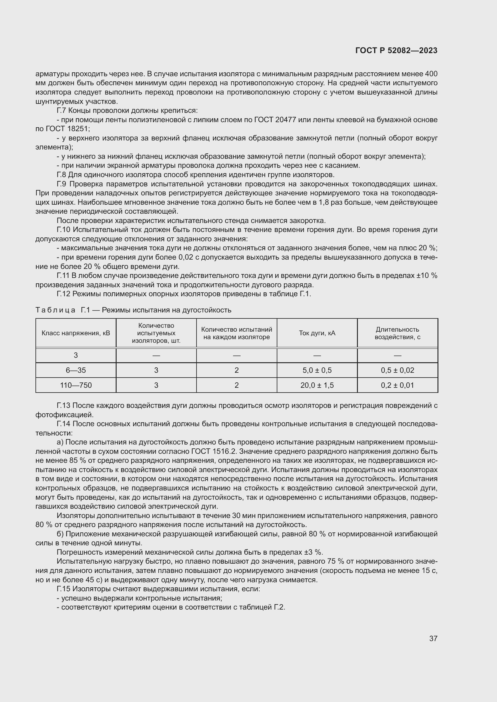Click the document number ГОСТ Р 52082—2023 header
tap(396, 50)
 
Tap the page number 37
tap(433, 638)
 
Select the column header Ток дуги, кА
tap(317, 333)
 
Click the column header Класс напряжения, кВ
tap(76, 333)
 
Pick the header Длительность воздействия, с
tap(397, 333)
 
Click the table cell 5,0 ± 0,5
tap(317, 370)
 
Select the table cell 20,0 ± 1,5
tap(317, 385)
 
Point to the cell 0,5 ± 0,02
tap(397, 370)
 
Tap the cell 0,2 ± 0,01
tap(397, 385)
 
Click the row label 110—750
tap(76, 385)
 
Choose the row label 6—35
tap(76, 370)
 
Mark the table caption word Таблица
tap(55, 310)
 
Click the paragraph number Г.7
tap(62, 110)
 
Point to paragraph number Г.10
tap(63, 230)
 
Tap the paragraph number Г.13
tap(63, 405)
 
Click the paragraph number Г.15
tap(63, 589)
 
